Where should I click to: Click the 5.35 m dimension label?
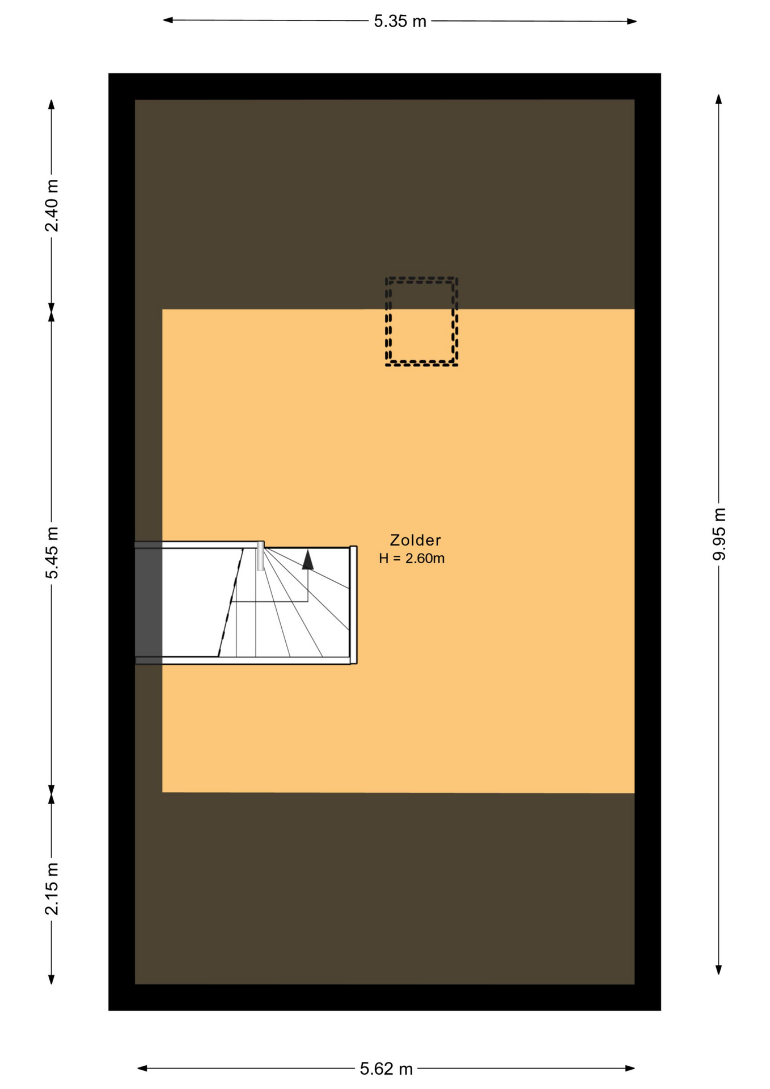pyautogui.click(x=400, y=22)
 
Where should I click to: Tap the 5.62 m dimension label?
pyautogui.click(x=386, y=1069)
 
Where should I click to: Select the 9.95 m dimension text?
pyautogui.click(x=719, y=534)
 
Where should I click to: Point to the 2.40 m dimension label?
pyautogui.click(x=52, y=206)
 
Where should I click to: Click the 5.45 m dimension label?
pyautogui.click(x=52, y=553)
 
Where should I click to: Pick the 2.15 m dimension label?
pyautogui.click(x=52, y=889)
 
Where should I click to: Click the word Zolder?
pyautogui.click(x=416, y=540)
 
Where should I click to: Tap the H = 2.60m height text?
pyautogui.click(x=412, y=559)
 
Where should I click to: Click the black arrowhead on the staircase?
pyautogui.click(x=308, y=559)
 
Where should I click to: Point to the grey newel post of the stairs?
pyautogui.click(x=260, y=556)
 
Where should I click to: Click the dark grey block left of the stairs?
pyautogui.click(x=149, y=602)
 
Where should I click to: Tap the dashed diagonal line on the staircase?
pyautogui.click(x=231, y=602)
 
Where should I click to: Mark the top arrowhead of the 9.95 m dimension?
pyautogui.click(x=718, y=99)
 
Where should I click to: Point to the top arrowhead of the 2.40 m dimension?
pyautogui.click(x=52, y=105)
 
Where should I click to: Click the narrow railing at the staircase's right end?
pyautogui.click(x=353, y=605)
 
